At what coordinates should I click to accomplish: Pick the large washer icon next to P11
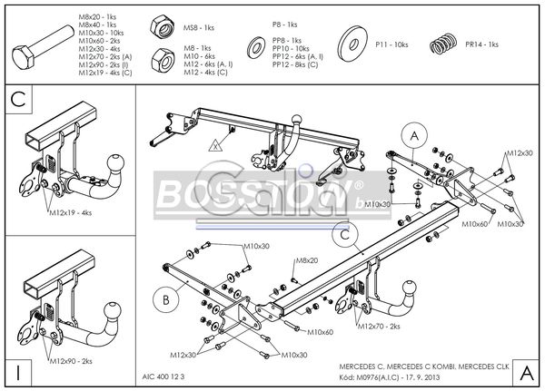pos(353,44)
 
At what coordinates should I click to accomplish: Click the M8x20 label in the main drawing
pos(306,260)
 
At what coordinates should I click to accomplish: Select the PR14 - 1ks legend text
pos(481,44)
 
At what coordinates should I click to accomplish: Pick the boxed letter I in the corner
pos(19,372)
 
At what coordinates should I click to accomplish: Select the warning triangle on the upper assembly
pos(215,144)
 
